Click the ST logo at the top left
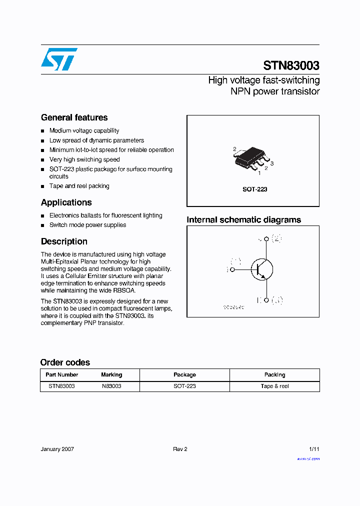click(59, 59)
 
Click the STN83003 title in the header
click(291, 65)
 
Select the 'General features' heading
click(74, 117)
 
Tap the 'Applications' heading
click(66, 202)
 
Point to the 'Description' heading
click(64, 241)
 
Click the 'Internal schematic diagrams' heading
click(243, 220)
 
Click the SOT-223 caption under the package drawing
click(255, 189)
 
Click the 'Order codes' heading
click(65, 362)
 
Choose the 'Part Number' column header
click(62, 374)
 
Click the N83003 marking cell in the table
click(111, 386)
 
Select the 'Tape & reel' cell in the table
click(274, 386)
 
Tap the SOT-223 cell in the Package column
click(184, 386)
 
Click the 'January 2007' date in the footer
click(57, 449)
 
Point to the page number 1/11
click(314, 449)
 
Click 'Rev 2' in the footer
click(180, 449)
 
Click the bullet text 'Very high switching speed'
click(84, 159)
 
